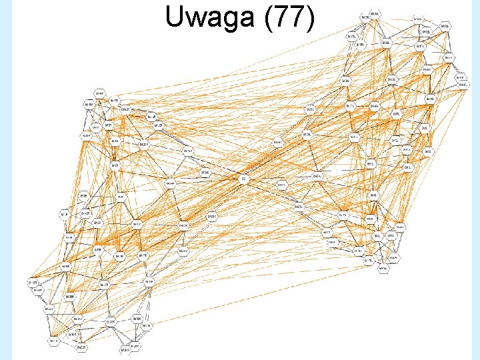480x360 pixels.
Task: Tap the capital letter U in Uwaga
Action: (x=175, y=18)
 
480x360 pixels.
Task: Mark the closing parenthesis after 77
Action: (x=310, y=19)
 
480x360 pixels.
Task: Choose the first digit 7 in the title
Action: (x=283, y=18)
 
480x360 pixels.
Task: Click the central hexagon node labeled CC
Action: (x=244, y=179)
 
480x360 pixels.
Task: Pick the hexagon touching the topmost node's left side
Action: (x=367, y=16)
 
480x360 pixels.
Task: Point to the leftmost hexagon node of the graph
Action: (x=32, y=283)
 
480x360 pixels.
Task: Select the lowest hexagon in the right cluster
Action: (x=383, y=270)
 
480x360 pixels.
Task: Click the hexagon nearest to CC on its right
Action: (x=282, y=184)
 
